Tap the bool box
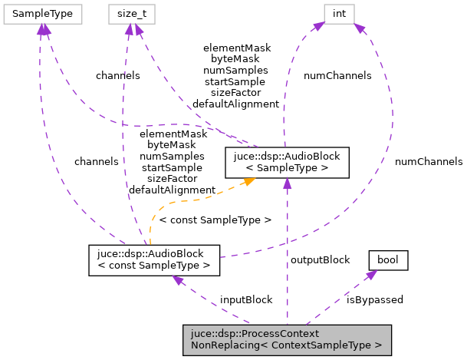coord(389,261)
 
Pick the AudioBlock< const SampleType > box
coord(154,259)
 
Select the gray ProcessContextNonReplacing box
coord(287,340)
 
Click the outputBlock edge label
coord(320,259)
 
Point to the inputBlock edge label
coord(246,299)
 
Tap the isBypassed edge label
coord(375,299)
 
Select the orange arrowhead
coord(248,182)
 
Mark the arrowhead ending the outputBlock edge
coord(287,183)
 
